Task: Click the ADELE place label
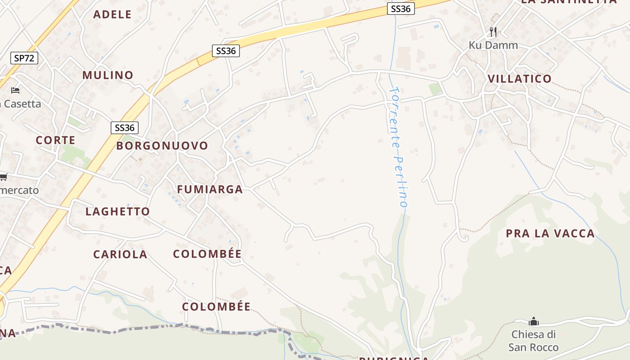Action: [112, 14]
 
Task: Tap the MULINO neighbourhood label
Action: [108, 75]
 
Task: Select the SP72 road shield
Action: [24, 58]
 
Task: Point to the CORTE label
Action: [56, 140]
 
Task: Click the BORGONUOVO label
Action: [162, 146]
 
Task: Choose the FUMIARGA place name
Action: [210, 189]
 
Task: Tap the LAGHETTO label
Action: [118, 211]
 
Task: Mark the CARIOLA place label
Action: [120, 255]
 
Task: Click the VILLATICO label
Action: [520, 79]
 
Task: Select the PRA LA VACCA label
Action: [550, 234]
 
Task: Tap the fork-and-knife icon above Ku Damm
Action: [493, 31]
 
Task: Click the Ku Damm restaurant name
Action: [493, 45]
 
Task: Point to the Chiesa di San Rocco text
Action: [533, 341]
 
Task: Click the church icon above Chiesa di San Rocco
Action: [534, 321]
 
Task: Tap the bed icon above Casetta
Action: [15, 90]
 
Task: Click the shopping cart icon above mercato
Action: [4, 177]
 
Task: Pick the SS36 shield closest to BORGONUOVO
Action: [125, 128]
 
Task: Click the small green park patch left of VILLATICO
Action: [435, 89]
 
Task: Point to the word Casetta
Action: [21, 104]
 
